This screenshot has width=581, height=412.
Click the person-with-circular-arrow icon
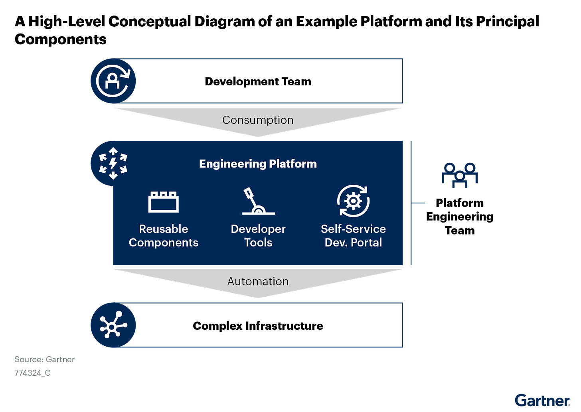click(113, 81)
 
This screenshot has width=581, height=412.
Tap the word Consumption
click(258, 120)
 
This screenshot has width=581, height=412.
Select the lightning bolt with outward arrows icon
click(113, 163)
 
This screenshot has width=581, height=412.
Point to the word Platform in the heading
click(293, 164)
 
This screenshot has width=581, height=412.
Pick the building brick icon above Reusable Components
click(163, 202)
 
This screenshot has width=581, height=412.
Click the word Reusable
click(163, 229)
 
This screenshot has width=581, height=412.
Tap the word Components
click(163, 242)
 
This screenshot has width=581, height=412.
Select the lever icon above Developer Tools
click(258, 202)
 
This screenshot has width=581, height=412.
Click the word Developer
click(258, 229)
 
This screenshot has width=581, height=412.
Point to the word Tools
click(258, 242)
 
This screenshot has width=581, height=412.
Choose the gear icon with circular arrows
click(353, 201)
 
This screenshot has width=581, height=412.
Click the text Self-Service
click(353, 229)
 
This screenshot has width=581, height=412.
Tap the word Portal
click(366, 242)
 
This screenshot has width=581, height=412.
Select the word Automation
click(258, 281)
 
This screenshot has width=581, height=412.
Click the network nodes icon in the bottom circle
click(113, 325)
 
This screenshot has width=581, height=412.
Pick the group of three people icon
click(460, 175)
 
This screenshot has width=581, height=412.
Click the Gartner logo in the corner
click(542, 400)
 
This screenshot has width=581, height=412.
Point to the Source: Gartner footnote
click(44, 360)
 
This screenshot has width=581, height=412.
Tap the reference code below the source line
click(32, 373)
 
